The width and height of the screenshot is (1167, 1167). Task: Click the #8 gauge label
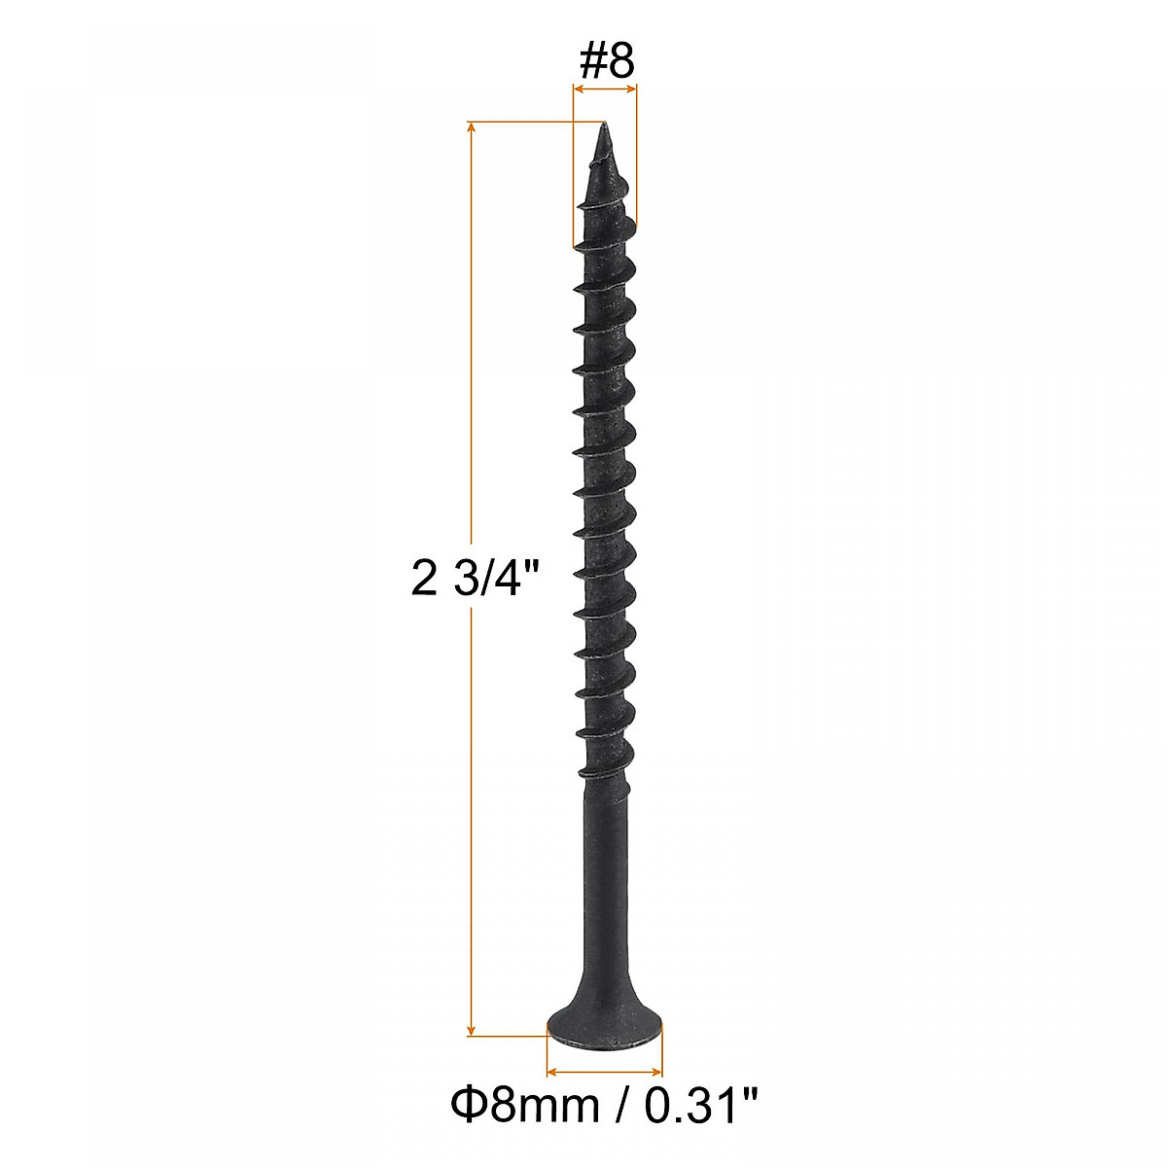point(606,61)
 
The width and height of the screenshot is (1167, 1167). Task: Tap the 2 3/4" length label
point(475,581)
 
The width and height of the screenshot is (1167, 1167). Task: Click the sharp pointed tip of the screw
point(603,126)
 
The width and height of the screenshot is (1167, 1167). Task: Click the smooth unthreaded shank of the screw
point(604,856)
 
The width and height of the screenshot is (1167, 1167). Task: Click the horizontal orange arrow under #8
point(605,89)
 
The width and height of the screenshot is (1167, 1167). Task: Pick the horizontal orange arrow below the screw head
point(605,1071)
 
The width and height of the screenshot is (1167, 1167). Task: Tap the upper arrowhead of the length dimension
point(473,129)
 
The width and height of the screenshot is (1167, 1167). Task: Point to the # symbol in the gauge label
point(591,61)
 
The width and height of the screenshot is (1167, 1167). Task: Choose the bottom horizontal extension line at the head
point(506,1037)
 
